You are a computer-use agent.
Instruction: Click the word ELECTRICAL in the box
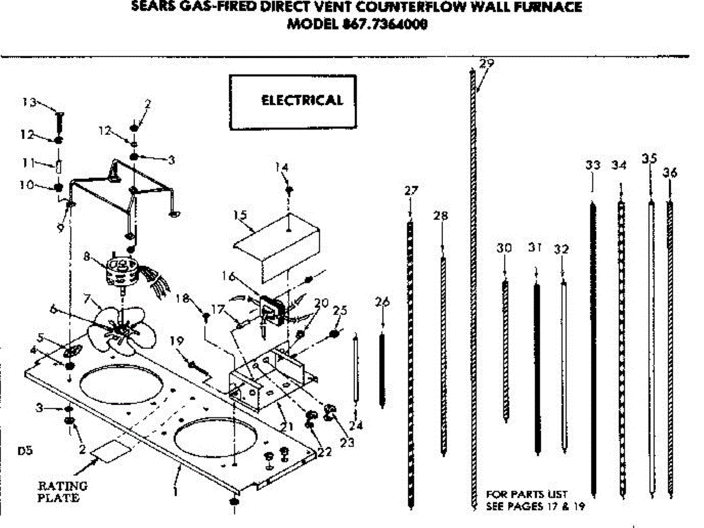(x=302, y=100)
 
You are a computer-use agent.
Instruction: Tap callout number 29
(x=486, y=63)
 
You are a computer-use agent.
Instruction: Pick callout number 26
(x=383, y=302)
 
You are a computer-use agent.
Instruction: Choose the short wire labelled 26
(x=383, y=370)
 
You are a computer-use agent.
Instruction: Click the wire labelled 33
(x=593, y=346)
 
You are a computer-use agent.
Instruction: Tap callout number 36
(x=670, y=172)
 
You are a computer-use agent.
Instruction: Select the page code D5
(x=25, y=451)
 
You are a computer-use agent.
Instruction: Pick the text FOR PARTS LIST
(x=527, y=495)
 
